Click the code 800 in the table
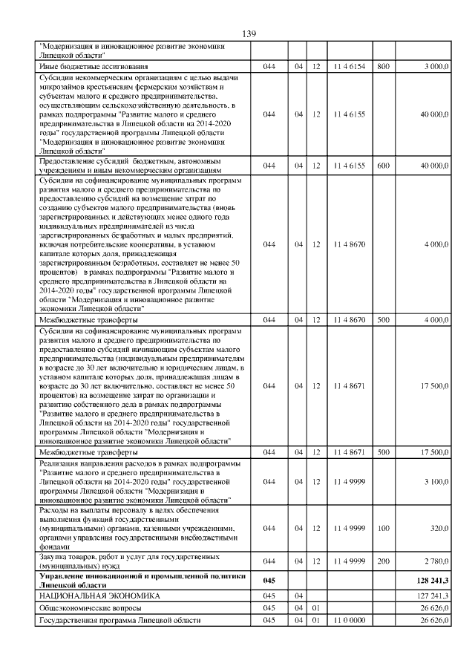383,67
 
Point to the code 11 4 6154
349,67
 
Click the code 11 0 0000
349,621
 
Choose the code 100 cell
383,528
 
